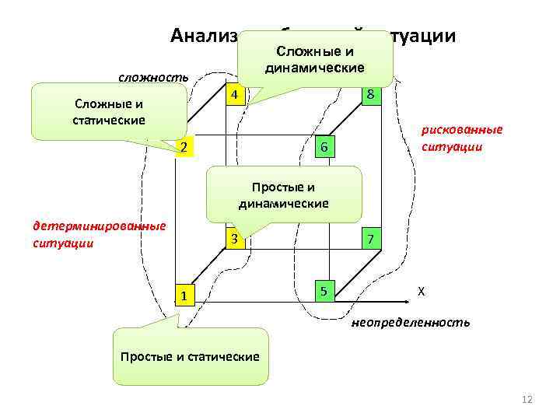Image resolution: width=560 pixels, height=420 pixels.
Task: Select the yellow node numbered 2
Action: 182,146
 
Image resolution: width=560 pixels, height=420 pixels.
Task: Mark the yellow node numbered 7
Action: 372,239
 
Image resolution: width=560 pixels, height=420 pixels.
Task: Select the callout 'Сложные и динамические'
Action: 314,60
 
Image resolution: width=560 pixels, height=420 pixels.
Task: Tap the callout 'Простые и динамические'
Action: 284,195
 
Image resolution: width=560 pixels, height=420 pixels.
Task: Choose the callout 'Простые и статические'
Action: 190,356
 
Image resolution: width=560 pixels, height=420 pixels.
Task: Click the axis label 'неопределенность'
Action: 410,322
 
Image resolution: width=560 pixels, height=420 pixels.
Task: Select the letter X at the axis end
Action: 421,291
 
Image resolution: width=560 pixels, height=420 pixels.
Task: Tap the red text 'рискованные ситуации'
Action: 462,138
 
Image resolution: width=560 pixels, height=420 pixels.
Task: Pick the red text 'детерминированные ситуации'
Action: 99,234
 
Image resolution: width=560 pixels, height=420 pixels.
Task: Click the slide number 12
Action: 527,400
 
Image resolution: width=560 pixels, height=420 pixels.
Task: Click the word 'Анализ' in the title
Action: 204,36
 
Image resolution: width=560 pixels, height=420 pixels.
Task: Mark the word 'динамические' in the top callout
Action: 314,68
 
